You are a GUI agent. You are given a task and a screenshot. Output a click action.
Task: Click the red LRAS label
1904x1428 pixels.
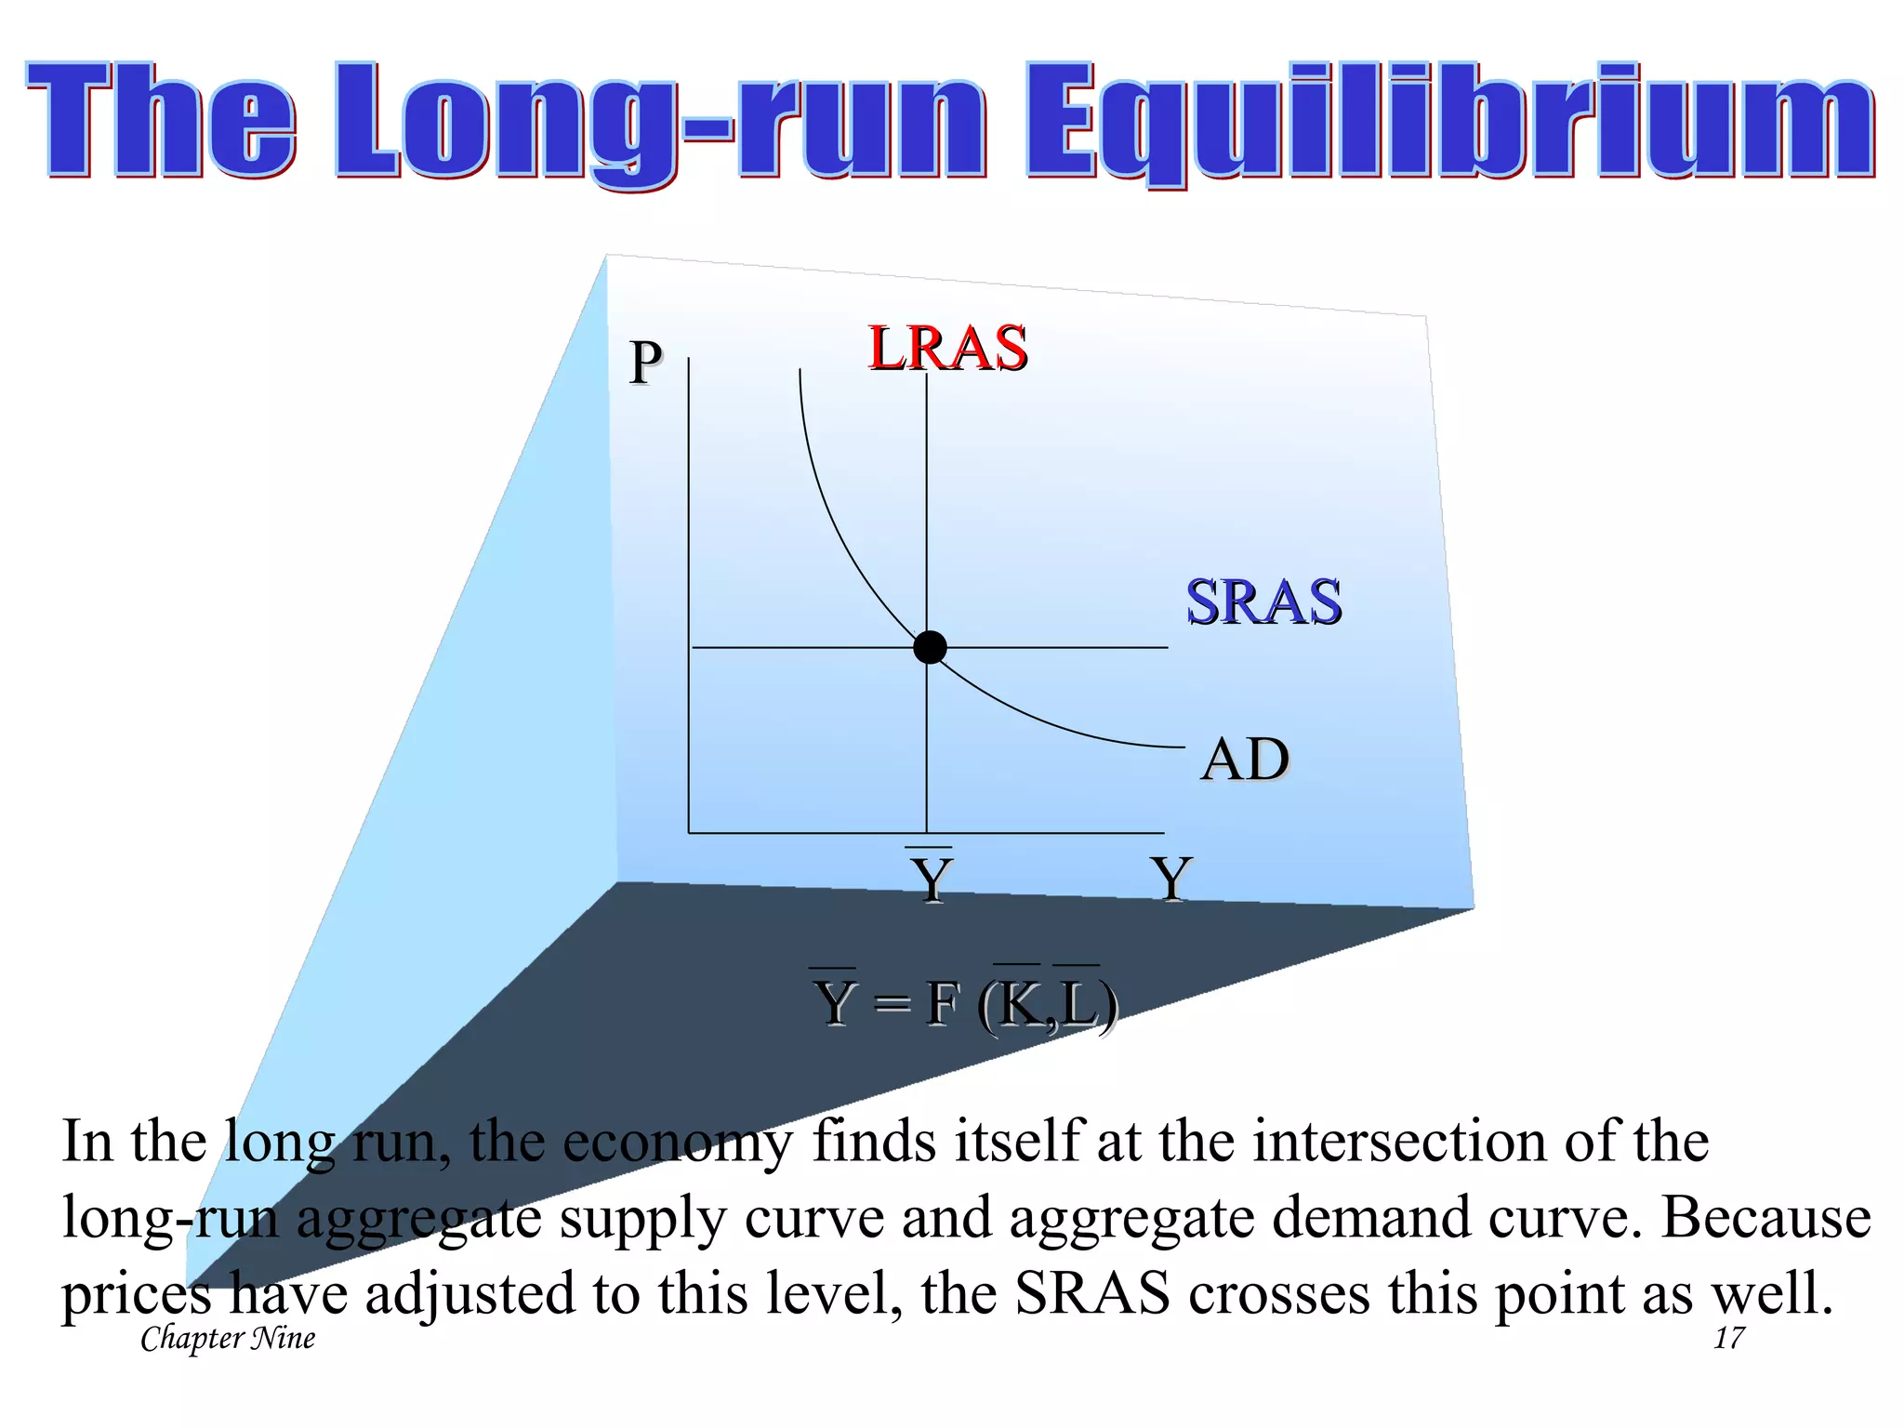(947, 349)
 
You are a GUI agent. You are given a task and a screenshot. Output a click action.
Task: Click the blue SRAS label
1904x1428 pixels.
(1263, 602)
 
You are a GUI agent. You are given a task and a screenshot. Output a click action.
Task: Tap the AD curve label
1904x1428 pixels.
(1245, 760)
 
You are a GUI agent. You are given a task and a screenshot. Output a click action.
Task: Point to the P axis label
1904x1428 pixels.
(646, 362)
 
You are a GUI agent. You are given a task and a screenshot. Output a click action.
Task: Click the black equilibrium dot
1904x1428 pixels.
(930, 647)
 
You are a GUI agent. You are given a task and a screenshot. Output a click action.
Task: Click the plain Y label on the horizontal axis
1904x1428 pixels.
(1171, 879)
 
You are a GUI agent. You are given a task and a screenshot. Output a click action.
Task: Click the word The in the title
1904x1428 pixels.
(162, 121)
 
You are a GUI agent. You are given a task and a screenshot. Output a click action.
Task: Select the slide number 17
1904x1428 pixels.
(1729, 1339)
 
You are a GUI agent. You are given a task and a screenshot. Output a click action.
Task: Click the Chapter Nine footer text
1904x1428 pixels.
(228, 1339)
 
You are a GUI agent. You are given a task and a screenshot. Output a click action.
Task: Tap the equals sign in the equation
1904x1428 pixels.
(892, 1005)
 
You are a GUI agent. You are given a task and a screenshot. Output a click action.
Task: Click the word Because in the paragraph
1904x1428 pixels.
(1766, 1217)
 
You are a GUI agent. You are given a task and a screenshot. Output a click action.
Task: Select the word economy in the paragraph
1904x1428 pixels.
(678, 1142)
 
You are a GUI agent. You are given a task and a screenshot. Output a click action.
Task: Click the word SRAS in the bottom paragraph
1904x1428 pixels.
(1091, 1293)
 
